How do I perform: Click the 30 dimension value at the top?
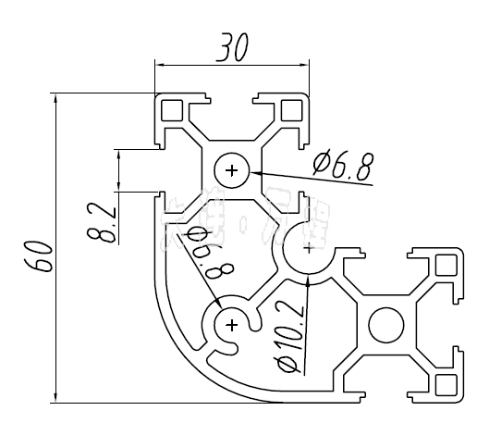(231, 48)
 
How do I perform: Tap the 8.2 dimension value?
(104, 219)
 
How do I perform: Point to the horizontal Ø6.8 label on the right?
(343, 167)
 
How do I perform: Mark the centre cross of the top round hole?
(231, 170)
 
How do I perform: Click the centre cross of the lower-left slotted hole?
(231, 324)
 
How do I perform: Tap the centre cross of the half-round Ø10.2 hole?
(308, 247)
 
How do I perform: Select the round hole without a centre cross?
(385, 325)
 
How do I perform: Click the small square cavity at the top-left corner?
(172, 110)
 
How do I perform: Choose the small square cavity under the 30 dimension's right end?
(291, 110)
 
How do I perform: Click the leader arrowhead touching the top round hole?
(254, 173)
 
